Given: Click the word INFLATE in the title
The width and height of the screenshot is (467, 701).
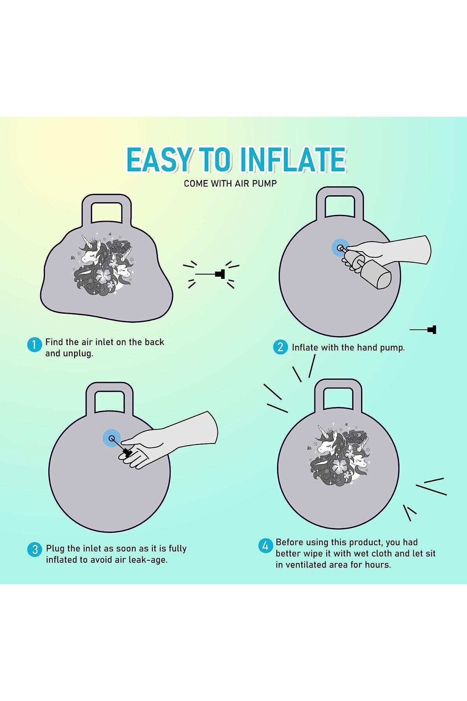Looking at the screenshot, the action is click(293, 160).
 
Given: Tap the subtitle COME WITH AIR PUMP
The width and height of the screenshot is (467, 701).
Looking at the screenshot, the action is click(230, 183).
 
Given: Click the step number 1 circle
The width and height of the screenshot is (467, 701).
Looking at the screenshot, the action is click(34, 345).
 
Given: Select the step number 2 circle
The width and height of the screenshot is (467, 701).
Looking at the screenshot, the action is click(280, 347).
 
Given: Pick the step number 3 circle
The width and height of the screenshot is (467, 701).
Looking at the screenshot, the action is click(35, 550).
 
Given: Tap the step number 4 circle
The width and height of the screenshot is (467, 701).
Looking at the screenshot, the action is click(265, 546).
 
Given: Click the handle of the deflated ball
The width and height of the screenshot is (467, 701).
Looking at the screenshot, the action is click(106, 213).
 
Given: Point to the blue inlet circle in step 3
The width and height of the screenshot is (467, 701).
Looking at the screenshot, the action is click(112, 439).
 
